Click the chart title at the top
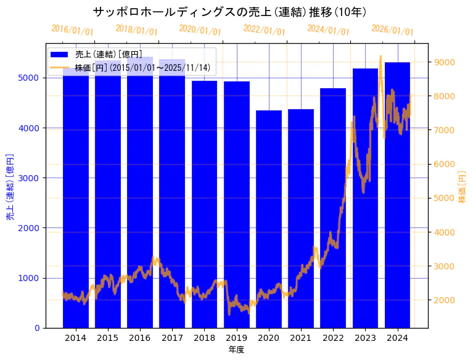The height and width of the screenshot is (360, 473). tap(229, 12)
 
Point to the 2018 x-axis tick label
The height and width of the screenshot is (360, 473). tap(204, 338)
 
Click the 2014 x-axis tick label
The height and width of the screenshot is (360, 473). tap(75, 338)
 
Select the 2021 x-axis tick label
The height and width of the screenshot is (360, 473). tap(301, 338)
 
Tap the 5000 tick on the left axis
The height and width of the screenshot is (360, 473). tap(32, 78)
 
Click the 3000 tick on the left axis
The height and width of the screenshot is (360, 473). tap(32, 178)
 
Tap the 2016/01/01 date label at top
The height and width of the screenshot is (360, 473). tap(72, 30)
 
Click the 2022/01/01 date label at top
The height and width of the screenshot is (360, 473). tap(264, 30)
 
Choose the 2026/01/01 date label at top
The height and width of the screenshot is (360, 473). tap(392, 30)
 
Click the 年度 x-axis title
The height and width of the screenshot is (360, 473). tap(236, 350)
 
